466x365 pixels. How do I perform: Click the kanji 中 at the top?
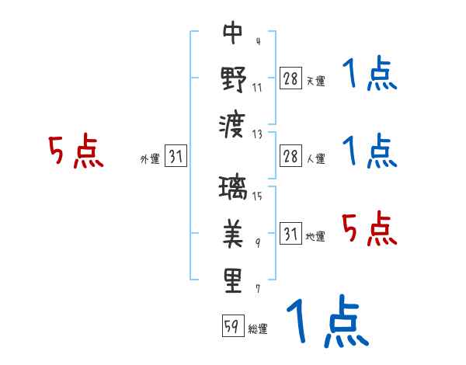(x=233, y=33)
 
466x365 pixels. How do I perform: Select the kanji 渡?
(x=233, y=125)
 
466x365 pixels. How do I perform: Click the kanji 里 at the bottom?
(x=233, y=281)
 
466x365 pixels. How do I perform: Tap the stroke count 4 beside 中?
(x=257, y=41)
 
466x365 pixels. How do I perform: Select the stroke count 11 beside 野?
(x=257, y=87)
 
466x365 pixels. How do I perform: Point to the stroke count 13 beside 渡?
(x=258, y=134)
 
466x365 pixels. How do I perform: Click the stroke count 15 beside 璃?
(x=257, y=196)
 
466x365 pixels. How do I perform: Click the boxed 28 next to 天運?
(x=290, y=79)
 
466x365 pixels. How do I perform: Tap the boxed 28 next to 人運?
(x=290, y=156)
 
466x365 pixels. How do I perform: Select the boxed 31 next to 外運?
(x=176, y=157)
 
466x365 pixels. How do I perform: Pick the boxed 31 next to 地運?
(x=290, y=235)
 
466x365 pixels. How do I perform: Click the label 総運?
(x=258, y=328)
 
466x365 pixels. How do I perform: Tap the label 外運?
(x=150, y=159)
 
